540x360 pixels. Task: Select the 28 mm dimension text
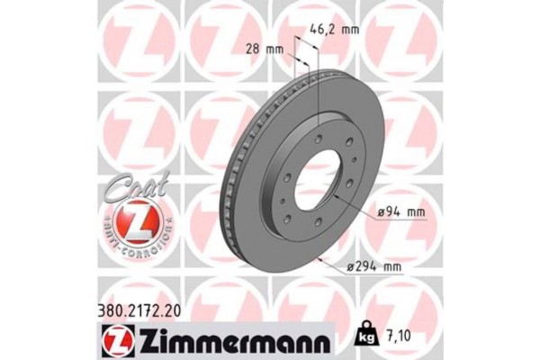tap(265, 49)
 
